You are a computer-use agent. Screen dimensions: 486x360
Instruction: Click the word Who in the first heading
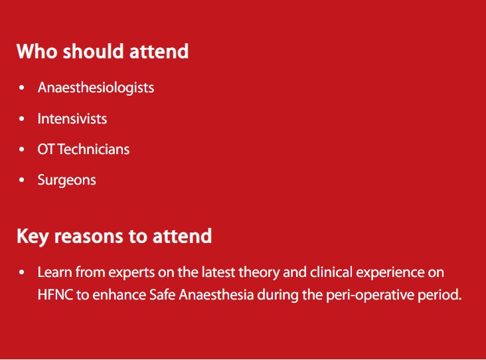tap(37, 51)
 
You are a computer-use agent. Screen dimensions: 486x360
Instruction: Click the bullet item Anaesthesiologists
tap(96, 88)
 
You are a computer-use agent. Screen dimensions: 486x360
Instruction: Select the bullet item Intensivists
tap(72, 119)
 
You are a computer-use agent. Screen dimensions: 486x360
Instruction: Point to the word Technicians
tap(94, 149)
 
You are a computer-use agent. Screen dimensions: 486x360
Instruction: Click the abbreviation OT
tap(46, 149)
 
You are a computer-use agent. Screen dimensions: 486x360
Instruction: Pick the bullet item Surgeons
tap(66, 181)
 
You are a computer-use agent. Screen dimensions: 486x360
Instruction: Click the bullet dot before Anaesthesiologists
tap(21, 88)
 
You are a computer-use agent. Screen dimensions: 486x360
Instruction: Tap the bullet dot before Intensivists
tap(21, 119)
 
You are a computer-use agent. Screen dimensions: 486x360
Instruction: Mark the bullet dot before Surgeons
tap(21, 180)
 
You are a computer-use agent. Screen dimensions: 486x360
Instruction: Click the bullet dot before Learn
tap(21, 272)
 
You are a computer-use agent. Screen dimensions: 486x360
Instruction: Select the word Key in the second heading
tap(33, 237)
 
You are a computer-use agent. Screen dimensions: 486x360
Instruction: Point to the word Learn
tap(54, 272)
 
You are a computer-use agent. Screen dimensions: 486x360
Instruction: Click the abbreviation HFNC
tap(55, 294)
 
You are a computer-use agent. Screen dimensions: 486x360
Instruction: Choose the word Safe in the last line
tap(162, 294)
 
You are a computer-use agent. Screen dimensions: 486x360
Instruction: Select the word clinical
tap(331, 272)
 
